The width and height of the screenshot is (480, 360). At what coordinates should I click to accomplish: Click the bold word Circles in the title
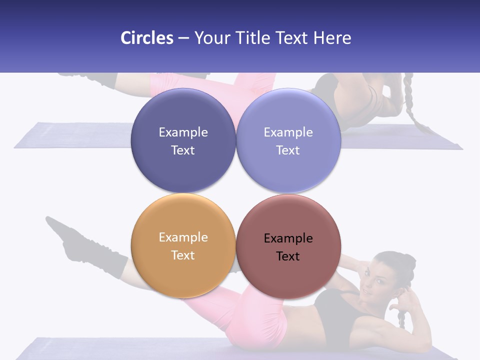pos(146,38)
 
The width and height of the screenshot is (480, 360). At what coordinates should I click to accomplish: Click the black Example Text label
pos(288,247)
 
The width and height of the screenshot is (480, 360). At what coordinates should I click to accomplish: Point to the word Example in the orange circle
pos(183,237)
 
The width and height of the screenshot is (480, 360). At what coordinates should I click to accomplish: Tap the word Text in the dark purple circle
pos(183,150)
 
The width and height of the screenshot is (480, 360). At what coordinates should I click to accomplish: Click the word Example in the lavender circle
pos(288,132)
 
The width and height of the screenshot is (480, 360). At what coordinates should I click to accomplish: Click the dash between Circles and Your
pos(183,38)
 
